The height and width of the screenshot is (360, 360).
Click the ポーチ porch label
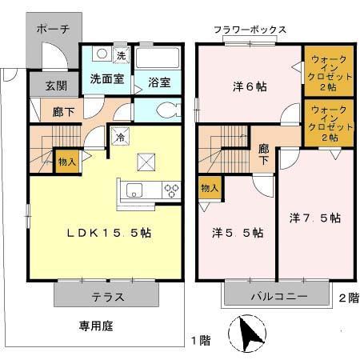(x=54, y=29)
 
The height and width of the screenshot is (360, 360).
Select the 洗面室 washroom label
(x=104, y=80)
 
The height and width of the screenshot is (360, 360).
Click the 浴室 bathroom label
(x=160, y=81)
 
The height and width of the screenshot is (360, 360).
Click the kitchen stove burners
(x=172, y=190)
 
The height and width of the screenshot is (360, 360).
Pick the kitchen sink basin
(x=134, y=190)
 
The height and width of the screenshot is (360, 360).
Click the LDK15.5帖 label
(x=109, y=233)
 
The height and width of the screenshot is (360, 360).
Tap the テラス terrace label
(x=109, y=296)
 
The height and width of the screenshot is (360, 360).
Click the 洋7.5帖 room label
(x=315, y=218)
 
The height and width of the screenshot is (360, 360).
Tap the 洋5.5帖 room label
(x=238, y=233)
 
